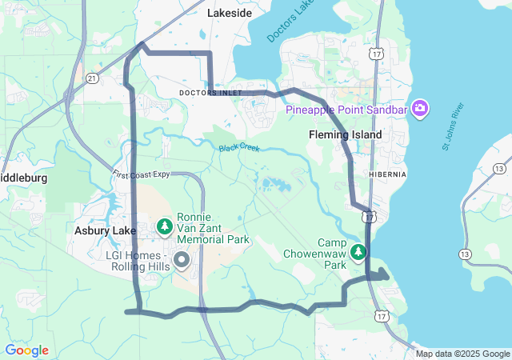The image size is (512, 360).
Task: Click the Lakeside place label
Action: click(x=229, y=13)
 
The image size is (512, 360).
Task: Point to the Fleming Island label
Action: click(x=345, y=134)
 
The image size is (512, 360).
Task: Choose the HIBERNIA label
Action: click(x=388, y=174)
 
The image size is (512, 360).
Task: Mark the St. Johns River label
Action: click(x=453, y=126)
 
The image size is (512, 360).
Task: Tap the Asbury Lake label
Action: click(x=106, y=230)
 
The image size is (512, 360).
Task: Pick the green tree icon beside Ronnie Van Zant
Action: click(x=165, y=227)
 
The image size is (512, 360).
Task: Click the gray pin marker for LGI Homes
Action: click(x=182, y=259)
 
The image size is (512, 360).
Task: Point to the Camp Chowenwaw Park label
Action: click(x=315, y=253)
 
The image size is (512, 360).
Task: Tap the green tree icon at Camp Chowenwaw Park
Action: click(x=359, y=252)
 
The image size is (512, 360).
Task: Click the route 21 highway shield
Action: click(x=92, y=78)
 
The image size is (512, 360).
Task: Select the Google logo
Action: click(x=26, y=350)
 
